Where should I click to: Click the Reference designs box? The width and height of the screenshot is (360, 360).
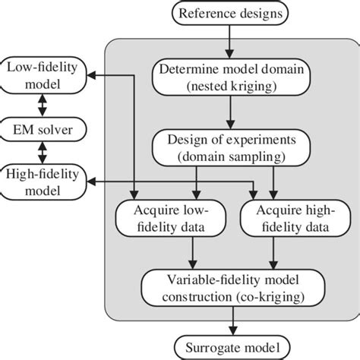tap(228, 13)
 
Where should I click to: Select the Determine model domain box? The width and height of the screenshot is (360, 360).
tap(228, 78)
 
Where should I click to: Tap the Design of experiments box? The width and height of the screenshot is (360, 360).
tap(228, 147)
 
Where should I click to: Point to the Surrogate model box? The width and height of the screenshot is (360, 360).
tap(228, 349)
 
